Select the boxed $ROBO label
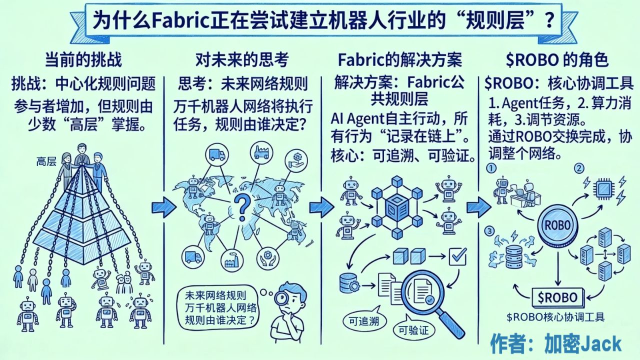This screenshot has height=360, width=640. (557, 297)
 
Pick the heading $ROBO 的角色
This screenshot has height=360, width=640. (557, 60)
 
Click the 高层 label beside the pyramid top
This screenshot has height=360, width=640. (46, 161)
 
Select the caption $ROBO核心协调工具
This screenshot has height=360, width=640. (555, 317)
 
